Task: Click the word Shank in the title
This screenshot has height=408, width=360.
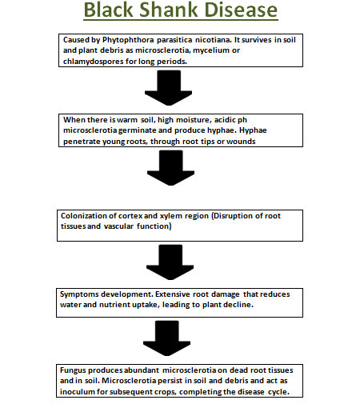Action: (x=168, y=10)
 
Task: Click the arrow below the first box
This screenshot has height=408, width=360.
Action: (x=169, y=88)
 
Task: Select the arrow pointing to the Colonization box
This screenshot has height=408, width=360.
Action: (x=170, y=168)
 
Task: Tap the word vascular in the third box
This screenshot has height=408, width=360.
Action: (x=118, y=226)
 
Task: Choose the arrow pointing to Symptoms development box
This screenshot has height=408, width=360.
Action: (x=170, y=262)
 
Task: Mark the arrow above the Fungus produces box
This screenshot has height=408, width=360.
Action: (x=167, y=338)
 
